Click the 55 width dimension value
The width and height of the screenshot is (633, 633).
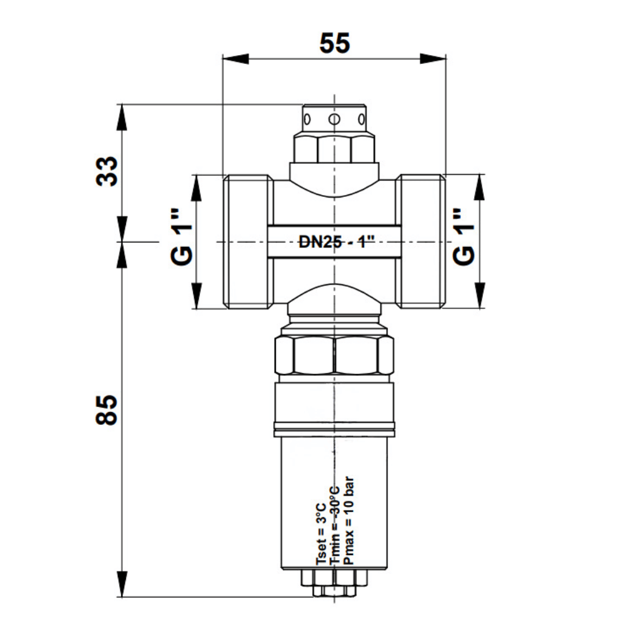coord(335,43)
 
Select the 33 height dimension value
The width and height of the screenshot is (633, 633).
coord(107,171)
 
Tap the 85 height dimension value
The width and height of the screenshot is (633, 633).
coord(106,410)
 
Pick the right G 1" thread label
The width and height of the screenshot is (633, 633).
coord(463,237)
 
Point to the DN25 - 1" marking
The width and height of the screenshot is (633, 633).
coord(337,242)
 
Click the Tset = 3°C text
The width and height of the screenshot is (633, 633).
coord(321,534)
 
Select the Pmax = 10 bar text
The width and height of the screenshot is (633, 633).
coord(348,521)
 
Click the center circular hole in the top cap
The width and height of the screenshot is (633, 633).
coord(334,119)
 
